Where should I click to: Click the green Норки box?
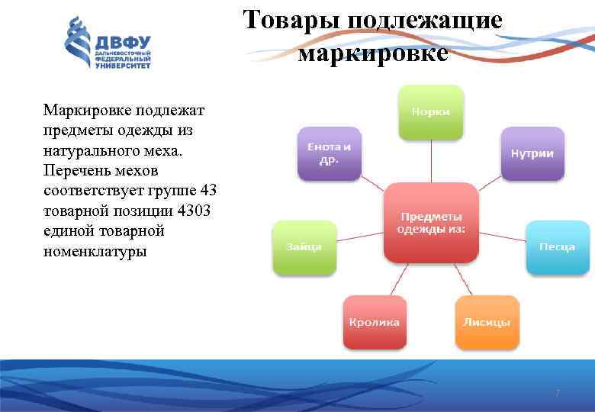(431, 111)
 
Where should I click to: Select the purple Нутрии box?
(532, 153)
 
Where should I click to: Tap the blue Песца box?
(557, 246)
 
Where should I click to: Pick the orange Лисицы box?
(487, 322)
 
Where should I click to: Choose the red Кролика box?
(375, 322)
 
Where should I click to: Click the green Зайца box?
(304, 246)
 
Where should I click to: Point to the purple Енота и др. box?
(329, 153)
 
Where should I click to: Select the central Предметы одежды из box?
(431, 223)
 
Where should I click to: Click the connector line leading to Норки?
(431, 161)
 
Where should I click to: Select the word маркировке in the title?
(373, 53)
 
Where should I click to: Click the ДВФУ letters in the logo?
(123, 41)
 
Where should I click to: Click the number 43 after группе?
(207, 190)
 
